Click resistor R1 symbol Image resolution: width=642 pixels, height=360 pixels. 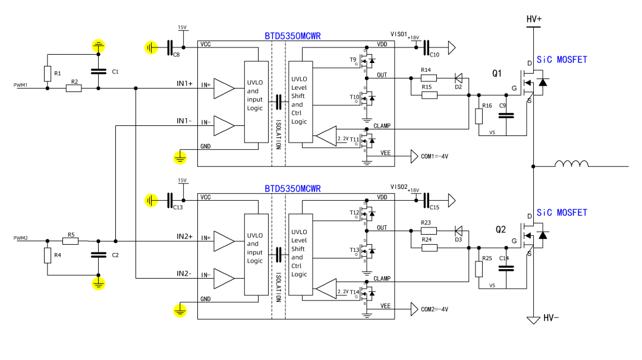[48, 74]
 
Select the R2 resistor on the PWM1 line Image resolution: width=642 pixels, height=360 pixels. [74, 89]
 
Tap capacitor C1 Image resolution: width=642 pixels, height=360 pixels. [98, 71]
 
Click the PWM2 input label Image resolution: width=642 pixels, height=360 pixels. [21, 238]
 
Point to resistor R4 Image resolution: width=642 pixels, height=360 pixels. [48, 255]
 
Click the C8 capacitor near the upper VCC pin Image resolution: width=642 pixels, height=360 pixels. [171, 47]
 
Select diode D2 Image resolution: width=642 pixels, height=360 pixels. [458, 78]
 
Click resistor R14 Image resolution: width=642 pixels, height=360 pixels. [429, 78]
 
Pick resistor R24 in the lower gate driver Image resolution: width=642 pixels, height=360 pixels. [429, 247]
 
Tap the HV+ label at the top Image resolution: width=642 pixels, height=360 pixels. [534, 20]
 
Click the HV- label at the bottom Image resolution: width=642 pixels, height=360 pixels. [550, 319]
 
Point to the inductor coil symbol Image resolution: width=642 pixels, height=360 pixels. [571, 165]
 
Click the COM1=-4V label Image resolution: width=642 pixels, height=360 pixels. [435, 156]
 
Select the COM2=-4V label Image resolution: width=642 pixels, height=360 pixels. [435, 309]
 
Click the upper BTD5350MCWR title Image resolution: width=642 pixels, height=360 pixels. [292, 36]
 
